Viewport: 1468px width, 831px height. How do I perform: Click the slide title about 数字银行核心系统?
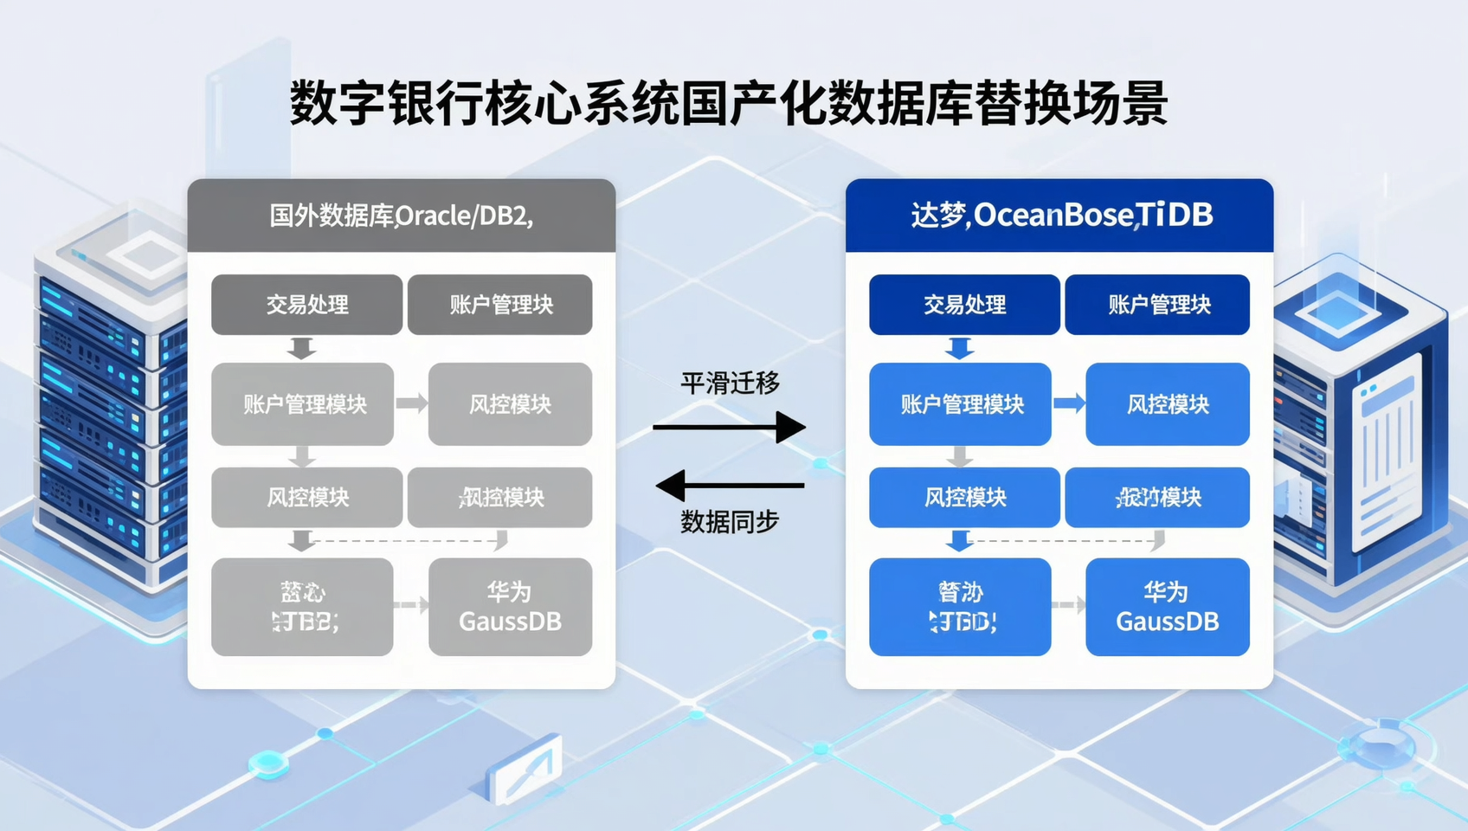coord(729,104)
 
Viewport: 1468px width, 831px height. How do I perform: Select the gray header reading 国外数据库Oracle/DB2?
coord(401,216)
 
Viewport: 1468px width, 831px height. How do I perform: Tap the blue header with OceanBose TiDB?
coord(1059,216)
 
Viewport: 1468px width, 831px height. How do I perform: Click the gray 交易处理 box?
coord(306,305)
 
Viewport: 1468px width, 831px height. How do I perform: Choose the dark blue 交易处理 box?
coord(964,305)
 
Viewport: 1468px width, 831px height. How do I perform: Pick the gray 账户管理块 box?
coord(499,305)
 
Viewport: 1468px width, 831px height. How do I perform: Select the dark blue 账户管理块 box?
coord(1157,305)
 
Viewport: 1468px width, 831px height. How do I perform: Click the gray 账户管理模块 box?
coord(303,404)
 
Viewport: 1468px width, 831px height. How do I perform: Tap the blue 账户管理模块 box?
coord(960,404)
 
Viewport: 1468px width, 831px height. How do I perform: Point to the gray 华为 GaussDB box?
coord(510,607)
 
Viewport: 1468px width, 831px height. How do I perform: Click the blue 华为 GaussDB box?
coord(1167,607)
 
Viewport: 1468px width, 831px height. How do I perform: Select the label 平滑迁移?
coord(730,383)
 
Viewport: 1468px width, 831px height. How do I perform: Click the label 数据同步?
coord(730,521)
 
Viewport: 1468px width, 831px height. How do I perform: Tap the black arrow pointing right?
coord(730,427)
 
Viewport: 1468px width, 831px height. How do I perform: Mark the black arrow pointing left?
coord(730,486)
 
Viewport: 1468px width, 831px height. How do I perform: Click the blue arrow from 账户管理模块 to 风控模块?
coord(1069,403)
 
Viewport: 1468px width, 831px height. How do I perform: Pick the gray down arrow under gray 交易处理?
coord(301,348)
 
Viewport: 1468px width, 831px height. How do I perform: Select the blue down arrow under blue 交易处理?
coord(959,348)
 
